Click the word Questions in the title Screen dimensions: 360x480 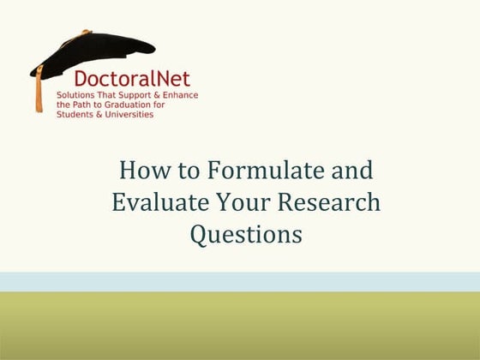pos(246,234)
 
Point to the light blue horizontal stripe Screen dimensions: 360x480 pos(240,282)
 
